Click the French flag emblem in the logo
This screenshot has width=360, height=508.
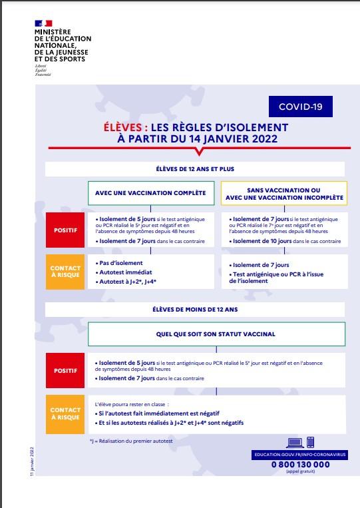coord(43,23)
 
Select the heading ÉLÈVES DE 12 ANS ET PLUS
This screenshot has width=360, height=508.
coord(195,170)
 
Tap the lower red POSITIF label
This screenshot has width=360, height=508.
coord(65,370)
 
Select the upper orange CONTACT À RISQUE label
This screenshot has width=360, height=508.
coord(65,272)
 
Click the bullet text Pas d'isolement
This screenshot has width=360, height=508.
coord(120,263)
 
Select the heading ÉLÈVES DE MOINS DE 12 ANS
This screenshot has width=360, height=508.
coord(195,310)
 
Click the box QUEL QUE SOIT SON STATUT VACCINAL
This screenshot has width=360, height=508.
coord(216,334)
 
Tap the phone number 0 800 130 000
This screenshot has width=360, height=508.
coord(300,464)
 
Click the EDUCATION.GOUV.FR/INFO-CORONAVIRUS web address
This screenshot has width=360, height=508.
coord(300,454)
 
